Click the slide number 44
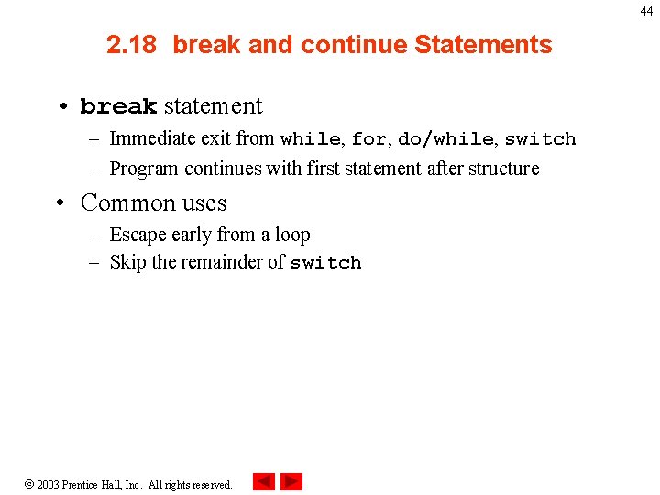tap(646, 11)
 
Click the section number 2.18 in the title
tap(132, 45)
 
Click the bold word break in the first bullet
tap(118, 107)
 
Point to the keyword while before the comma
tap(310, 139)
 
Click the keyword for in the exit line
tap(368, 139)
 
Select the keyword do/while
tap(445, 139)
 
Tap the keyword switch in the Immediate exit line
tap(540, 139)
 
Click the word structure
tap(504, 169)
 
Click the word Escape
tap(137, 235)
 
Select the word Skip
tap(127, 262)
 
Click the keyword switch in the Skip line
tap(325, 263)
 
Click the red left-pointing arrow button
tap(264, 481)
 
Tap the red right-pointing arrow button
tap(291, 481)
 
